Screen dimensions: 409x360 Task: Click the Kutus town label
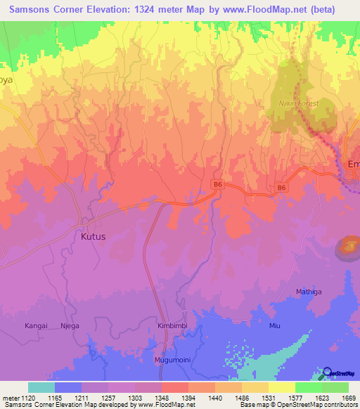[x=93, y=237]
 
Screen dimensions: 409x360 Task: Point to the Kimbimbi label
[x=173, y=327]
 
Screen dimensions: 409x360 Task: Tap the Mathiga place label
[x=309, y=290]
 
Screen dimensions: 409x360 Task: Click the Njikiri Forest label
[x=300, y=103]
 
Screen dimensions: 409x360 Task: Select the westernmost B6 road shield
[x=217, y=184]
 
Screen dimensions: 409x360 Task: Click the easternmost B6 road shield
[x=281, y=188]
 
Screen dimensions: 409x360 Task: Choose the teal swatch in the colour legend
[x=41, y=388]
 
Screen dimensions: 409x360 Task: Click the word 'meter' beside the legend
[x=10, y=398]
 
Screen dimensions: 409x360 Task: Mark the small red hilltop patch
[x=348, y=245]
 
